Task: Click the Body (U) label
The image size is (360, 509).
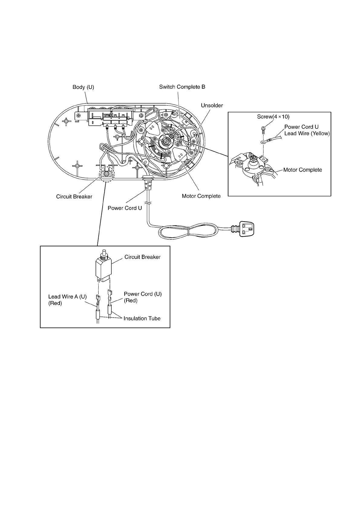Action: point(83,87)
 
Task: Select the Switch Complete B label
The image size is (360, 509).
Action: point(182,87)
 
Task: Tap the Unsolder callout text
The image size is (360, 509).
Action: point(212,105)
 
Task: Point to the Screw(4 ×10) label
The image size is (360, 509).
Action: point(273,117)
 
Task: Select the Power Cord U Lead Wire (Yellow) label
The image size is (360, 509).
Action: point(307,130)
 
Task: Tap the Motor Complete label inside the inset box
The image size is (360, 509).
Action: point(303,170)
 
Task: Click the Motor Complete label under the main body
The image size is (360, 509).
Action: point(201,196)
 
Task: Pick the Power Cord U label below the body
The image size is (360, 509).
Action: point(125,208)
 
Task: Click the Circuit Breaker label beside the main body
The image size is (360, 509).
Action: point(74,196)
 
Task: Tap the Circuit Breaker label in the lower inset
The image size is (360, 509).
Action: point(142,257)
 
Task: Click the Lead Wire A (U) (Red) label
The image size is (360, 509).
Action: point(67,300)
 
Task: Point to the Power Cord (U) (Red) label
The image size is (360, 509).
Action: point(142,297)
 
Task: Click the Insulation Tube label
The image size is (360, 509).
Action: point(142,318)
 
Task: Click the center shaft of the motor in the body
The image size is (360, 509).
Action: point(166,141)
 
